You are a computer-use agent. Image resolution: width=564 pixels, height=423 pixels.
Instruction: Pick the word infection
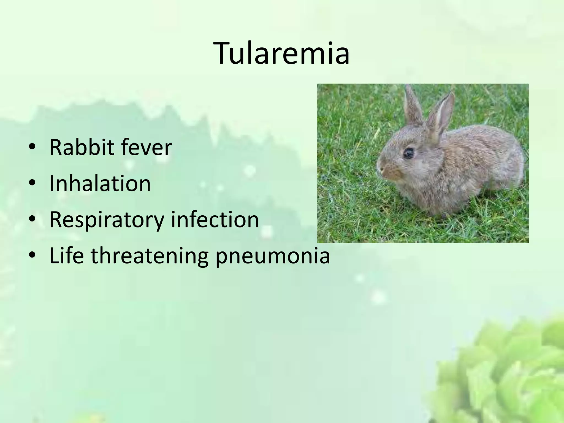click(215, 219)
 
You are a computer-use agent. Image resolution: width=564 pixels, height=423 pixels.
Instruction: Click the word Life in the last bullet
click(66, 255)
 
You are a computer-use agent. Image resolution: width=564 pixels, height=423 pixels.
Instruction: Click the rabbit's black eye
click(409, 153)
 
